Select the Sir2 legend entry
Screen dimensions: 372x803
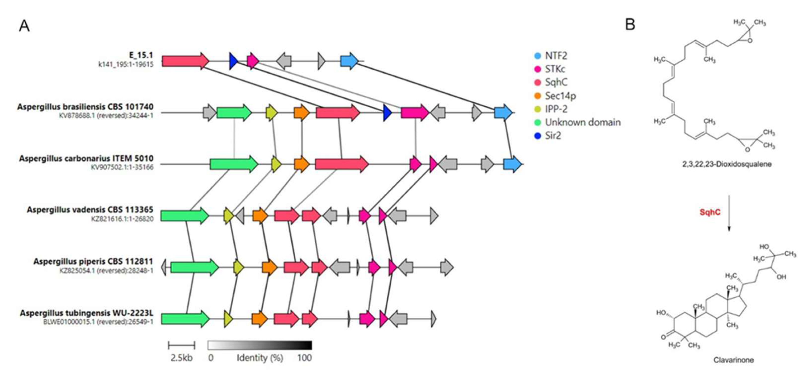coord(553,136)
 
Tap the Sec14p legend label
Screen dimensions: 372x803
coord(560,96)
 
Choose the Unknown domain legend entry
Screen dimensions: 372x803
coord(582,122)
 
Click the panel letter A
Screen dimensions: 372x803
coord(24,26)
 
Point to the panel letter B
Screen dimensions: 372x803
coord(630,24)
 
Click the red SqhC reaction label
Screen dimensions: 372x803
coord(710,212)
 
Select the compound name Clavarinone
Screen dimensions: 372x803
coord(734,360)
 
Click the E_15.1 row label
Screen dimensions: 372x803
coord(141,55)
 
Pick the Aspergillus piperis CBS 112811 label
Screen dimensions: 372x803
coord(93,261)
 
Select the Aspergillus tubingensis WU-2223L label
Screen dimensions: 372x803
coord(87,313)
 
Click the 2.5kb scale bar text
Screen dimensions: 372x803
coord(181,358)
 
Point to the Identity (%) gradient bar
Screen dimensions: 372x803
coord(260,345)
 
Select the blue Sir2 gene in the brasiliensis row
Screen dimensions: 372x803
coord(387,113)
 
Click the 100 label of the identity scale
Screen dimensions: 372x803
coord(304,358)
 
